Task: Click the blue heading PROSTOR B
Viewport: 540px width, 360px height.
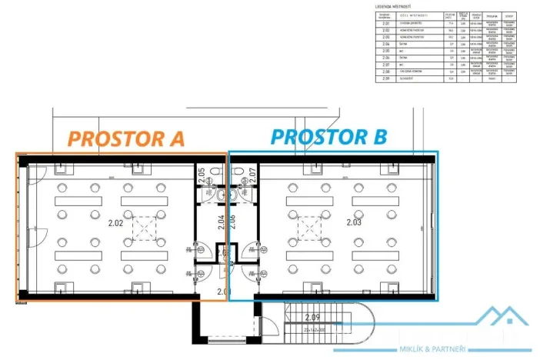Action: click(x=328, y=137)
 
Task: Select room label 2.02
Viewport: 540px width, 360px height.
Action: click(x=116, y=225)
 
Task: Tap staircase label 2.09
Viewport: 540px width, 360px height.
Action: click(x=312, y=317)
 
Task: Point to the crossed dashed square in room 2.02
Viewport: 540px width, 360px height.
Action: click(x=142, y=228)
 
